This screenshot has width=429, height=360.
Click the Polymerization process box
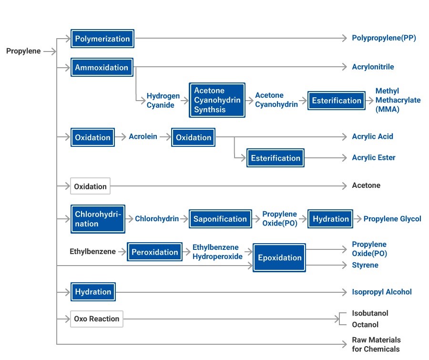coord(102,39)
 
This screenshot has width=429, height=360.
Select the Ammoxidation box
coord(102,68)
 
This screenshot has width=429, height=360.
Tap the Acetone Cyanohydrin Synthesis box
coord(217,100)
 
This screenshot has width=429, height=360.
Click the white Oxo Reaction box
coord(97,319)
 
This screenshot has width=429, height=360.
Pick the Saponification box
coord(220,219)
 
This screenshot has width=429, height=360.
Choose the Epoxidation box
coord(279,257)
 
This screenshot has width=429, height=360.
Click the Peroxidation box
coord(154,252)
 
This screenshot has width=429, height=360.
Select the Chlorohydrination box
coord(98,219)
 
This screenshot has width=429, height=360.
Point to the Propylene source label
coord(23,51)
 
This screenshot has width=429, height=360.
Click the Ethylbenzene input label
coord(92,251)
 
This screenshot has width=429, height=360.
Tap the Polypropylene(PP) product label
coord(384,38)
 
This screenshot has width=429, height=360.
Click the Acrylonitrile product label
coord(373,67)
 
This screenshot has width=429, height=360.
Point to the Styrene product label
coord(365,265)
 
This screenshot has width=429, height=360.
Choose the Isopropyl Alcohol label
coord(381,292)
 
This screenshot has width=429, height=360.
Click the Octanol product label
coord(365,325)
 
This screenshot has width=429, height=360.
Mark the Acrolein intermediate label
coord(143,137)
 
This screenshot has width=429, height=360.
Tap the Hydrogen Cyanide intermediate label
coord(163,101)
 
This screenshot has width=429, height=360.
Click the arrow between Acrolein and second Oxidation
coord(164,137)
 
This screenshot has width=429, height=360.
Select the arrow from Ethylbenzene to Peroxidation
coord(122,252)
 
